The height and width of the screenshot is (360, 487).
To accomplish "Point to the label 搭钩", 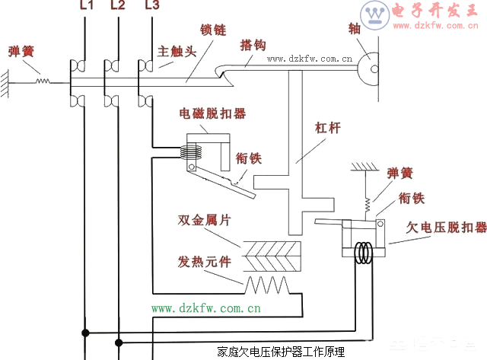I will point(252,45).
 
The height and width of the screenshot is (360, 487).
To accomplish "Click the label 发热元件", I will point(205,263).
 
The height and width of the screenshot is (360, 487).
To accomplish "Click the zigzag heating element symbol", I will point(266,285).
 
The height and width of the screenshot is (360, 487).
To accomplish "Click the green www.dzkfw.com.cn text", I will point(206,308).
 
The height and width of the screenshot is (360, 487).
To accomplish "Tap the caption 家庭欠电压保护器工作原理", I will point(280,352).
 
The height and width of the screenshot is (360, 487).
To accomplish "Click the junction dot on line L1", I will point(85,332).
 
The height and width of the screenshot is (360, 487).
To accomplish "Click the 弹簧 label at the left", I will point(21,52).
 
